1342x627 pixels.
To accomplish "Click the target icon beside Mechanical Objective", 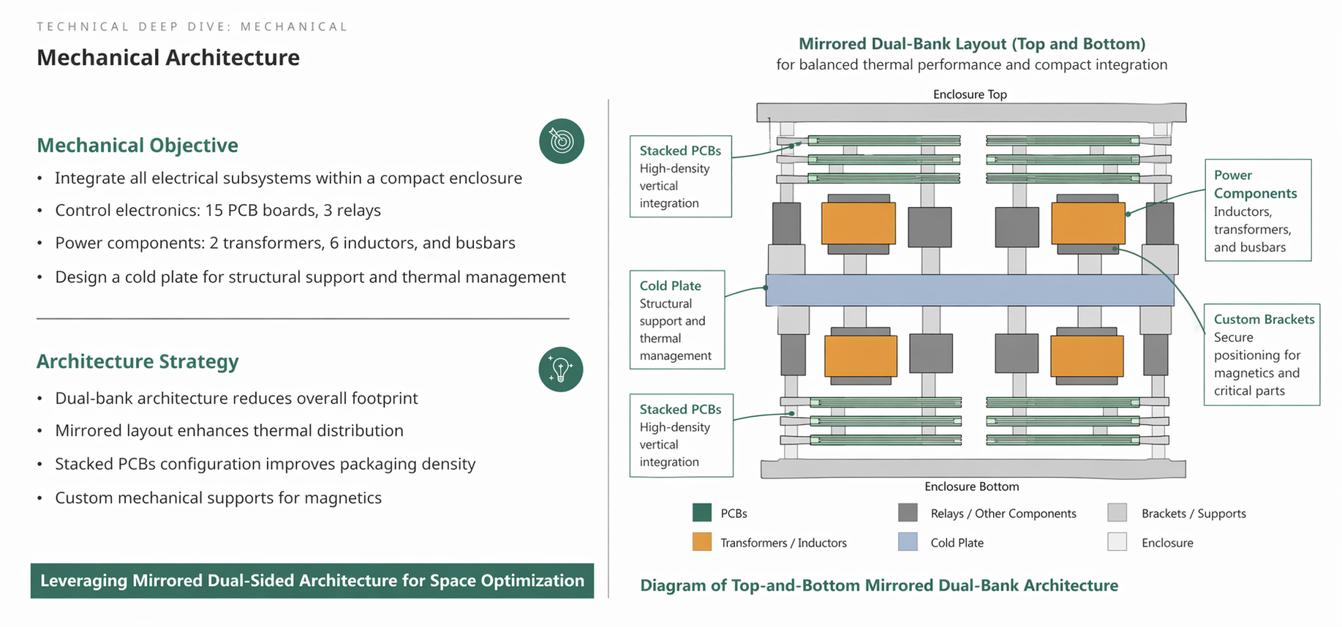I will click(x=561, y=141).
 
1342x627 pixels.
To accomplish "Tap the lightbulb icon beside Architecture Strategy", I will click(x=560, y=369).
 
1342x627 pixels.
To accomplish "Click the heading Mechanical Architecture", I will click(x=168, y=58).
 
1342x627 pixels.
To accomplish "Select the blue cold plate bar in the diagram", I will click(x=969, y=290).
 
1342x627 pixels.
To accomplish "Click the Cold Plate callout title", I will click(x=670, y=286).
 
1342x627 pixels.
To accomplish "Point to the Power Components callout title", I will click(x=1255, y=184).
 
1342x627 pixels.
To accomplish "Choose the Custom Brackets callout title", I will click(x=1264, y=320).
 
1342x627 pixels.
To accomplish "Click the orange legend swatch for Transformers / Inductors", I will click(x=702, y=542).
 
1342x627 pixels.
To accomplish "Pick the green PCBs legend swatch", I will click(x=702, y=513).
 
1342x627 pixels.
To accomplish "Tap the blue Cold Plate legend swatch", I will click(x=908, y=542).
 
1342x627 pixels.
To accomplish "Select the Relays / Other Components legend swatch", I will click(x=908, y=513).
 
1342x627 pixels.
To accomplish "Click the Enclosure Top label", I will click(x=970, y=94).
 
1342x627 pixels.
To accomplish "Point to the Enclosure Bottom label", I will click(x=971, y=487).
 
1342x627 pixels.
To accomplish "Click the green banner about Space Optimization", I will click(x=312, y=581).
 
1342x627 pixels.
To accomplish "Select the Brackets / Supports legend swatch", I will click(x=1117, y=513).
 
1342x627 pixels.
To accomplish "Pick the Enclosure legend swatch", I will click(x=1117, y=542).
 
